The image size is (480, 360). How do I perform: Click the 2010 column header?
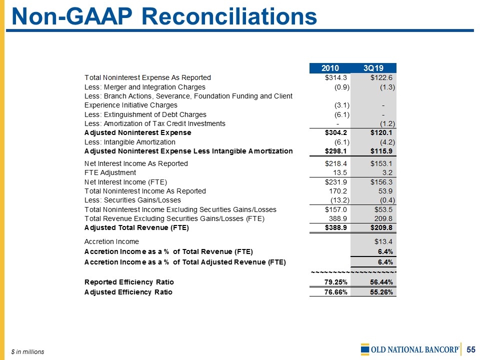point(330,68)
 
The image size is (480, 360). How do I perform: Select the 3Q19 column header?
point(373,68)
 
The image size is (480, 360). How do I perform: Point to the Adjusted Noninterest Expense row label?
point(138,133)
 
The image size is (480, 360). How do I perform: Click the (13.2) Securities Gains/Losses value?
point(339,200)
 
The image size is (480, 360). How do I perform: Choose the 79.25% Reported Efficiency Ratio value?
point(336,281)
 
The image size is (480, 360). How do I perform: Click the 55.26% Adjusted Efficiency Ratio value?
point(381,292)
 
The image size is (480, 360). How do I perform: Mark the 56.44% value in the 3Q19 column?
point(381,281)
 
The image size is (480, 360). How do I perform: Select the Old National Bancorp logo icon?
point(365,349)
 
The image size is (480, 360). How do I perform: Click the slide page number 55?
point(471,349)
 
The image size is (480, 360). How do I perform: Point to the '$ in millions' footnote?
point(28,352)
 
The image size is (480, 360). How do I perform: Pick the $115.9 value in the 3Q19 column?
point(382,151)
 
